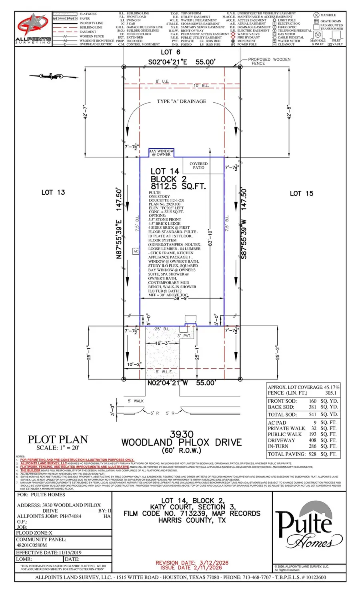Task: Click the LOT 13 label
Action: pyautogui.click(x=53, y=192)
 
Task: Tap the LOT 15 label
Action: pyautogui.click(x=301, y=193)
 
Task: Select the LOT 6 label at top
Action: pyautogui.click(x=170, y=52)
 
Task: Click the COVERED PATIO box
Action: pyautogui.click(x=199, y=166)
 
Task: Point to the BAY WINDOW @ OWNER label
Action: pyautogui.click(x=161, y=153)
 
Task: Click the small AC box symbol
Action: pyautogui.click(x=136, y=252)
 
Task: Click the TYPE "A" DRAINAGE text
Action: pyautogui.click(x=182, y=102)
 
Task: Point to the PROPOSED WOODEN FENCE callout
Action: pyautogui.click(x=269, y=61)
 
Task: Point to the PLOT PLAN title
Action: pyautogui.click(x=58, y=439)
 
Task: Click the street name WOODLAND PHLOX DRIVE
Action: pyautogui.click(x=182, y=442)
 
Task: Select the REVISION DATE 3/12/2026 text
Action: pyautogui.click(x=192, y=563)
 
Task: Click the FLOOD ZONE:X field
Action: pyautogui.click(x=34, y=533)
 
